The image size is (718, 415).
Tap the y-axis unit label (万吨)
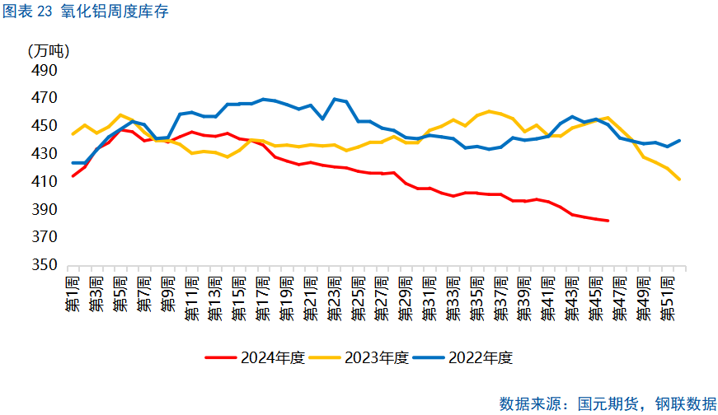(49, 50)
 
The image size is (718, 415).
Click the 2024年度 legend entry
(257, 357)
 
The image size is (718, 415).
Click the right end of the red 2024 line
(608, 221)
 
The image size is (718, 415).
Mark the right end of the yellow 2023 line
(679, 180)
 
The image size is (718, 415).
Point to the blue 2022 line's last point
(679, 141)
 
